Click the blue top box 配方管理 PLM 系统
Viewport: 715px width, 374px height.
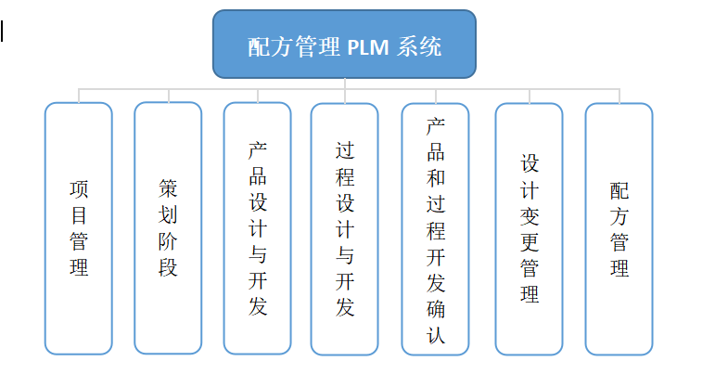[344, 44]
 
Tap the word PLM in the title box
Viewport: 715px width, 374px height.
[370, 47]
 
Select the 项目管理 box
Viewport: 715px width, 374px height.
[79, 228]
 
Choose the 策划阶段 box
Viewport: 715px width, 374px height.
[168, 228]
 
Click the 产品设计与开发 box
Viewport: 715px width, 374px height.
[258, 228]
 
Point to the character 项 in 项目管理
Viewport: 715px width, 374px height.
[79, 189]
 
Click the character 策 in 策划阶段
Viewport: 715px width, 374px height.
[168, 189]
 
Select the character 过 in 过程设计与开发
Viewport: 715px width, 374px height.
[344, 150]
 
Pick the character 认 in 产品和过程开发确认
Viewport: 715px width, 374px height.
[435, 335]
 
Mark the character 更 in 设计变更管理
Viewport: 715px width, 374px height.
[529, 243]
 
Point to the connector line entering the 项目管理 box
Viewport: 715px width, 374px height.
[79, 96]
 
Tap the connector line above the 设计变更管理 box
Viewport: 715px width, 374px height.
[529, 96]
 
